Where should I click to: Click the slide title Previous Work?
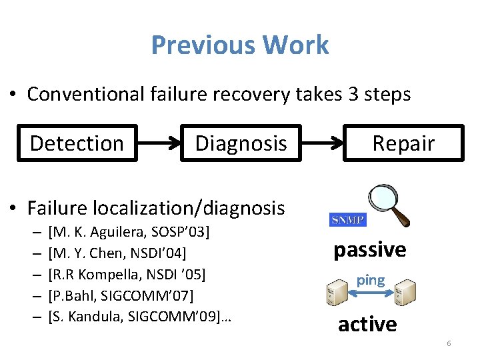pos(240,45)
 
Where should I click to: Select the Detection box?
pos(77,143)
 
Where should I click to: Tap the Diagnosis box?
pos(241,143)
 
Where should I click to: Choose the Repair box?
pos(403,143)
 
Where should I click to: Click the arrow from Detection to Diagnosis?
pos(159,143)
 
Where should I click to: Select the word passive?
pos(369,249)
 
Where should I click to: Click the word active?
pos(367,324)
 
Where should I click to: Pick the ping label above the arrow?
pos(371,280)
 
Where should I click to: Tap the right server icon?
pos(405,293)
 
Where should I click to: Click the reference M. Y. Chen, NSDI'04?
pos(117,253)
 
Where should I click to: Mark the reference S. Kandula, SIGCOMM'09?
pos(137,315)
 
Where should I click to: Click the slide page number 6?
pos(449,343)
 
